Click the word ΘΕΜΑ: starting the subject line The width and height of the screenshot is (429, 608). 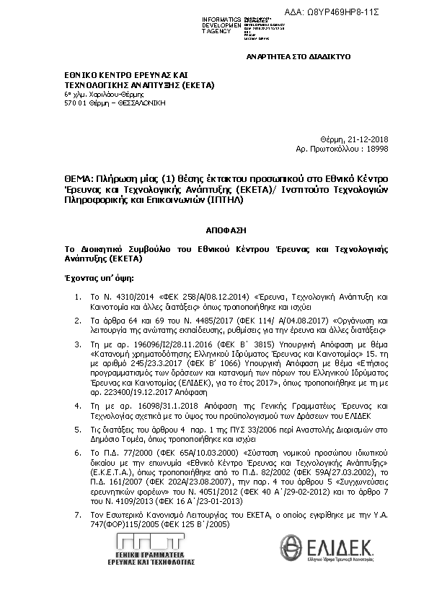pos(79,178)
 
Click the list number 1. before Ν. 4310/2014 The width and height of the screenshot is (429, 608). pos(79,297)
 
